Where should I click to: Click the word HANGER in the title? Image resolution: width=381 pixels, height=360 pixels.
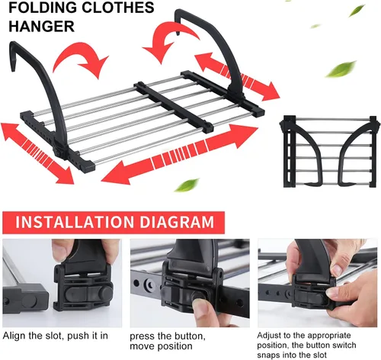(x=42, y=26)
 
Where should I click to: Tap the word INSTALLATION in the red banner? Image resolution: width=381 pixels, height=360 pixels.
(x=75, y=222)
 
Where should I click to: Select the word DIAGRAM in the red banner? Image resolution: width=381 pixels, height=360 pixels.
(x=177, y=222)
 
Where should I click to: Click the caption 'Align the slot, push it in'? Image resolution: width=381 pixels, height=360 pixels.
(x=56, y=336)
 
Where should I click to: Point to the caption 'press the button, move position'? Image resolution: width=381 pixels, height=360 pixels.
(x=168, y=341)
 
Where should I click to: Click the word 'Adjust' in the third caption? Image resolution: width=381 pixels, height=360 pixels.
(x=269, y=336)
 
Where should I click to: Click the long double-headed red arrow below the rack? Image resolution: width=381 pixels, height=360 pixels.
(x=180, y=155)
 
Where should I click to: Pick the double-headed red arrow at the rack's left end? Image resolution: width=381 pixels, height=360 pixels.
(x=37, y=153)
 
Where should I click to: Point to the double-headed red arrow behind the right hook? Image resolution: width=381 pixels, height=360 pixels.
(x=238, y=77)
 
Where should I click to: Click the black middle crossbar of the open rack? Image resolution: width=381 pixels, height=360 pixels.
(x=174, y=107)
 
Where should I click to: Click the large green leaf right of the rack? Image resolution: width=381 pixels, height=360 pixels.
(x=341, y=69)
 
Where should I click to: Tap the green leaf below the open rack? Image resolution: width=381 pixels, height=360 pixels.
(x=187, y=185)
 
